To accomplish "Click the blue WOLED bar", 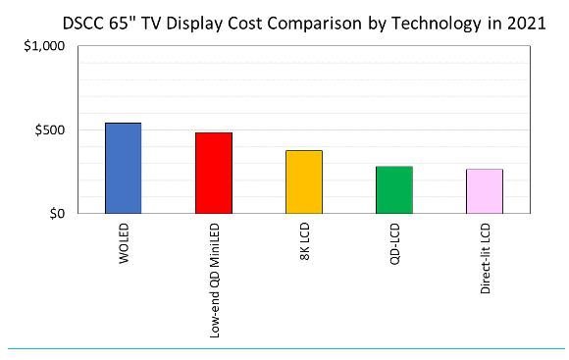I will click(x=123, y=168).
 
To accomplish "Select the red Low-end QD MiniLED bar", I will click(x=214, y=173).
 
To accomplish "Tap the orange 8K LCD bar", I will click(x=304, y=181).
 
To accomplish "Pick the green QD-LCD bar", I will click(x=394, y=189).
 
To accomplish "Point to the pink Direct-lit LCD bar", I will click(x=485, y=190).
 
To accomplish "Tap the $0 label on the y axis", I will click(x=58, y=213).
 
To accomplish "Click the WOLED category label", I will click(x=124, y=244).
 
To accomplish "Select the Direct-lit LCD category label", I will click(x=485, y=259).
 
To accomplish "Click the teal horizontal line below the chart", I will click(x=284, y=348).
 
